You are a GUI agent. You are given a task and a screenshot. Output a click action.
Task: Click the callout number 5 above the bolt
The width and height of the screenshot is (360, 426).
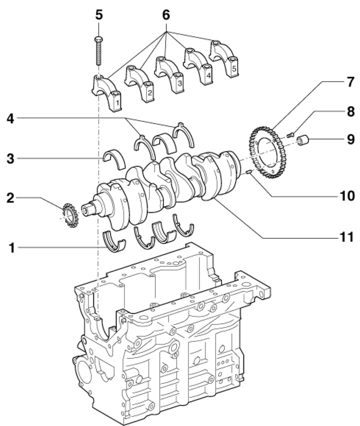tap(99, 15)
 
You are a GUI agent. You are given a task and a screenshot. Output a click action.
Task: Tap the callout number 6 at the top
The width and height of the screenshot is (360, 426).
tap(166, 15)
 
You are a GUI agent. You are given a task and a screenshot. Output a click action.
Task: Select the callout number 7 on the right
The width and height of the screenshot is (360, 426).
tap(350, 82)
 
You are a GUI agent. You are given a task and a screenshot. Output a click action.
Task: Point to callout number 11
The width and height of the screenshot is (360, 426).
tap(347, 237)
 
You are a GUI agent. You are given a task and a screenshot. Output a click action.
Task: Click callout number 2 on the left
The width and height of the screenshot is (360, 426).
tap(10, 198)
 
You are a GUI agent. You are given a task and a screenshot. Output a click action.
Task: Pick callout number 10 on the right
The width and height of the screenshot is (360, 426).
tap(347, 196)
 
